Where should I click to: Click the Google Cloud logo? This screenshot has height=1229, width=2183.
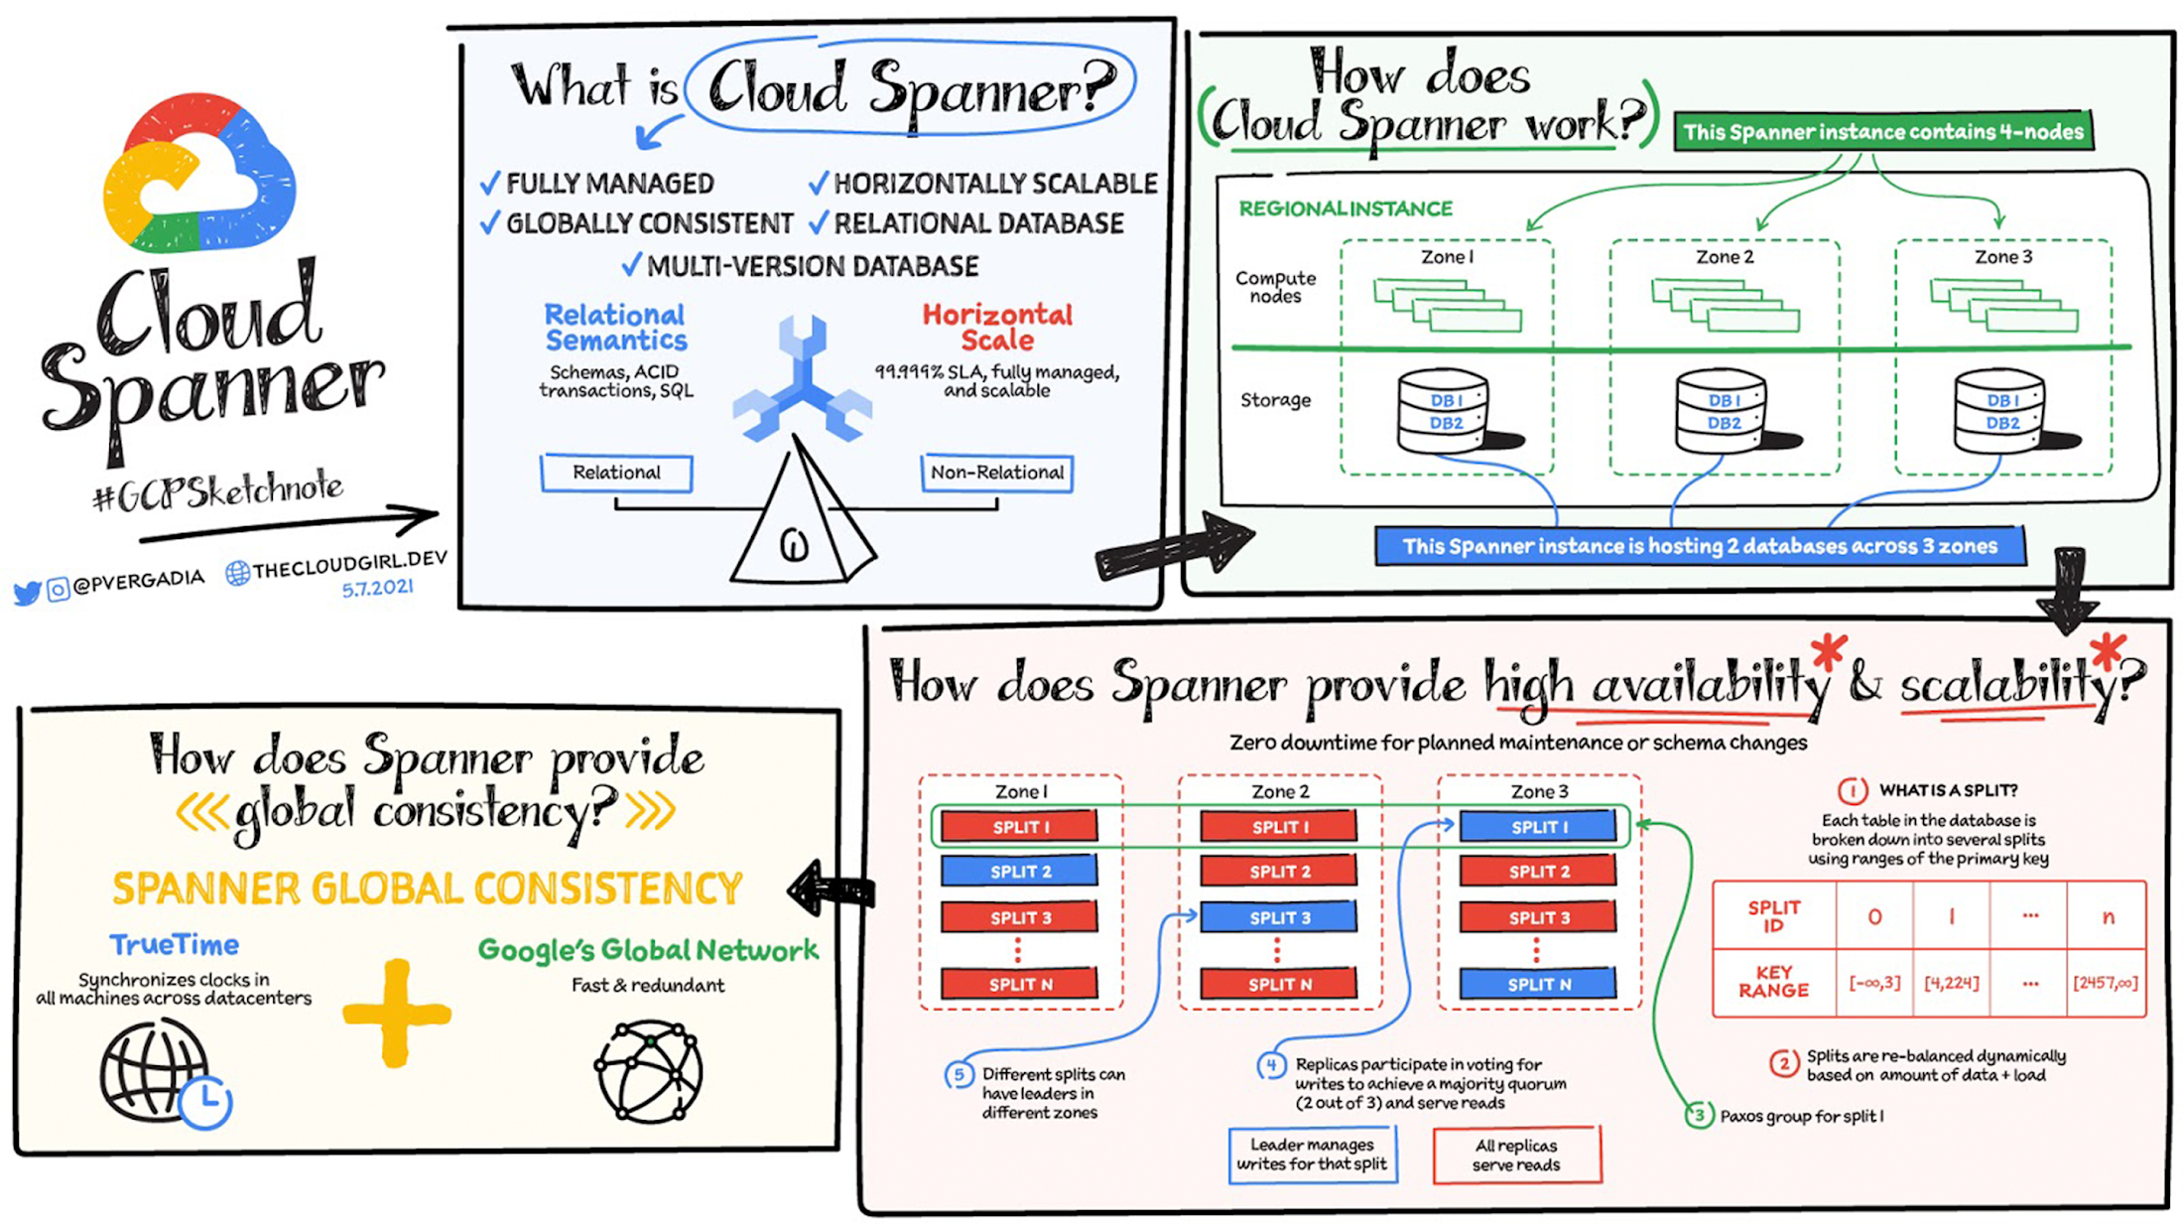click(198, 174)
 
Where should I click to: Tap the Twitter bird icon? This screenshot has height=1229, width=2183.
click(27, 593)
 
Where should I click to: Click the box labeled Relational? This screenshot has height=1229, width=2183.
click(616, 473)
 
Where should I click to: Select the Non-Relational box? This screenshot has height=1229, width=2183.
click(996, 473)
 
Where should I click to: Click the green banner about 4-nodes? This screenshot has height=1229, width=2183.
click(1882, 132)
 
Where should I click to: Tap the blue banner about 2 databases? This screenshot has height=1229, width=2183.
click(1698, 546)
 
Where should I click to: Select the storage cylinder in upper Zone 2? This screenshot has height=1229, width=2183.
click(1723, 411)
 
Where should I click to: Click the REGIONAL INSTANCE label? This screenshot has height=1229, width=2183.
click(1345, 208)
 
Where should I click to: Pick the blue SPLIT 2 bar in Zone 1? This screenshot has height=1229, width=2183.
click(1019, 872)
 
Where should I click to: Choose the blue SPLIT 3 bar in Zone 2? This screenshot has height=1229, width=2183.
click(1278, 917)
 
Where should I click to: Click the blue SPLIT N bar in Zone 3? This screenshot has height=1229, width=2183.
click(1538, 984)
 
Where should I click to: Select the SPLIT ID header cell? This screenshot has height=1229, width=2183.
click(1773, 916)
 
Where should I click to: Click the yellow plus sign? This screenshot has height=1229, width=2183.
click(396, 1014)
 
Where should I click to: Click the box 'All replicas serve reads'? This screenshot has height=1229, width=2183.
click(1516, 1156)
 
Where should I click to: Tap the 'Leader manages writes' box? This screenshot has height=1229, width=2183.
click(1312, 1155)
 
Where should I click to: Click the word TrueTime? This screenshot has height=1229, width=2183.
click(174, 944)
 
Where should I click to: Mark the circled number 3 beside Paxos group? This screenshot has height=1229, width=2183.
click(1699, 1115)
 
